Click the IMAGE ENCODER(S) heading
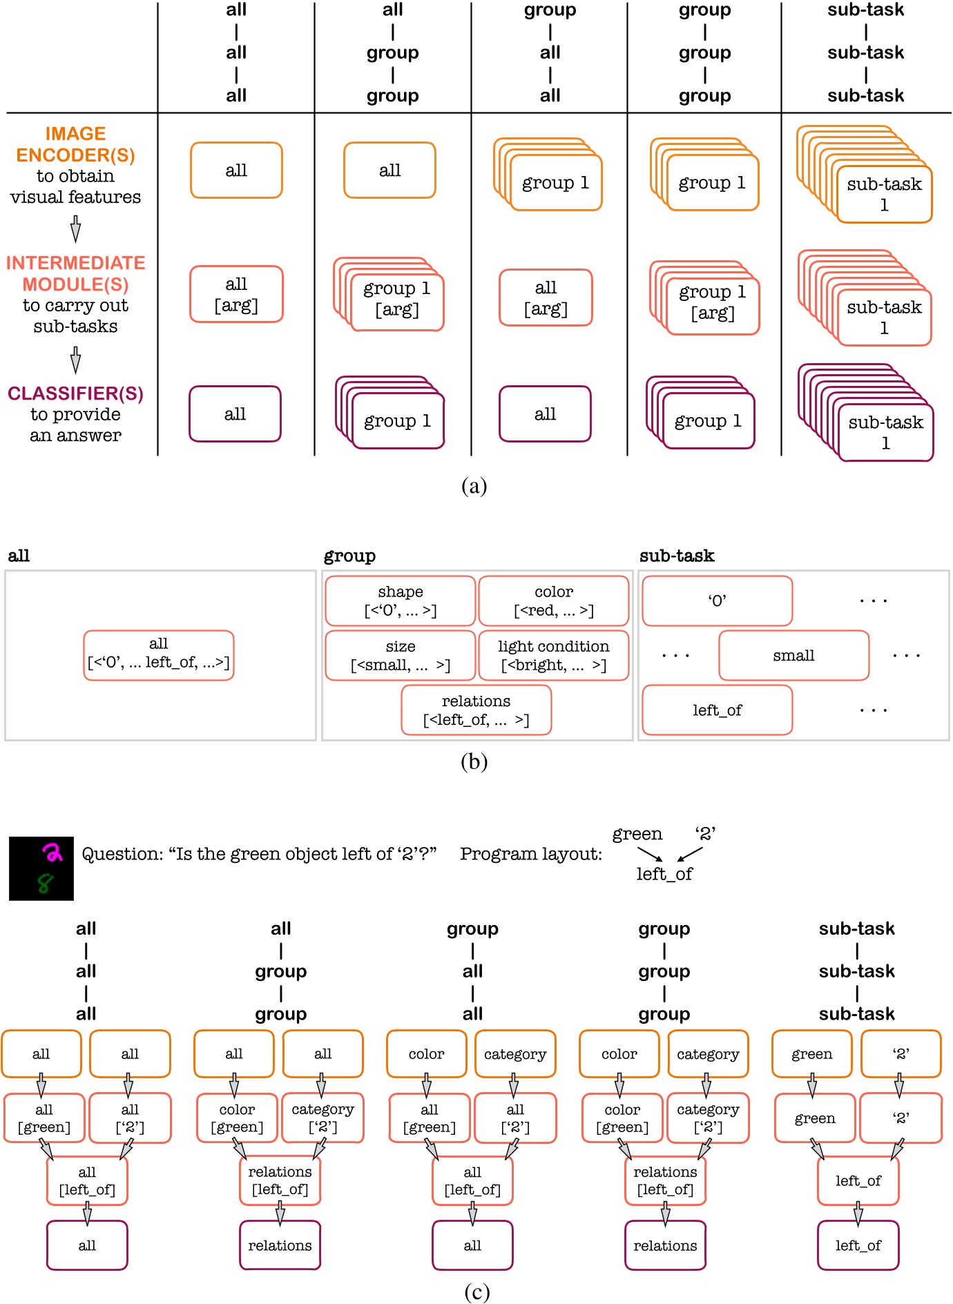pyautogui.click(x=75, y=144)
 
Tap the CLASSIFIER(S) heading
pyautogui.click(x=75, y=393)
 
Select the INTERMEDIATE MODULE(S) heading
pyautogui.click(x=75, y=273)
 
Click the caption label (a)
pyautogui.click(x=474, y=486)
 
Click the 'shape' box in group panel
pyautogui.click(x=400, y=601)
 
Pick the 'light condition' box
pyautogui.click(x=553, y=655)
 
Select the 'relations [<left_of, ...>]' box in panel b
pyautogui.click(x=476, y=710)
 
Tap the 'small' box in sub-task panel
pyautogui.click(x=793, y=655)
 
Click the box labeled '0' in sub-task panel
pyautogui.click(x=717, y=601)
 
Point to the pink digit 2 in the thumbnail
pyautogui.click(x=52, y=853)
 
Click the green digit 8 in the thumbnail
pyautogui.click(x=45, y=883)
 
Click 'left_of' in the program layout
pyautogui.click(x=664, y=874)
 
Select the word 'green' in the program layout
pyautogui.click(x=637, y=834)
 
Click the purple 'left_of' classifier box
pyautogui.click(x=858, y=1245)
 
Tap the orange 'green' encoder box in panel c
pyautogui.click(x=811, y=1053)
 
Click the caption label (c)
pyautogui.click(x=477, y=1291)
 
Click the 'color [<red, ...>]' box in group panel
pyautogui.click(x=553, y=601)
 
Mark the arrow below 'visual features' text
pyautogui.click(x=75, y=228)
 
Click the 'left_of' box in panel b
pyautogui.click(x=717, y=710)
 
